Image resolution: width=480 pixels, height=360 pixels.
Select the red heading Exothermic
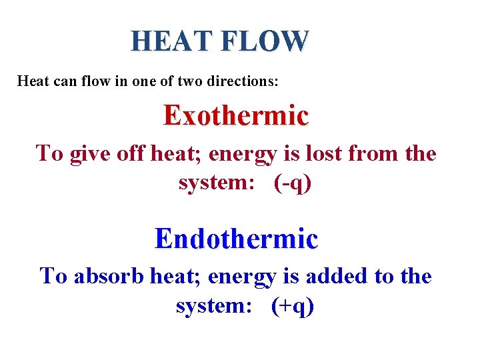[236, 115]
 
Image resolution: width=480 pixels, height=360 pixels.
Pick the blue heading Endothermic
[236, 238]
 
